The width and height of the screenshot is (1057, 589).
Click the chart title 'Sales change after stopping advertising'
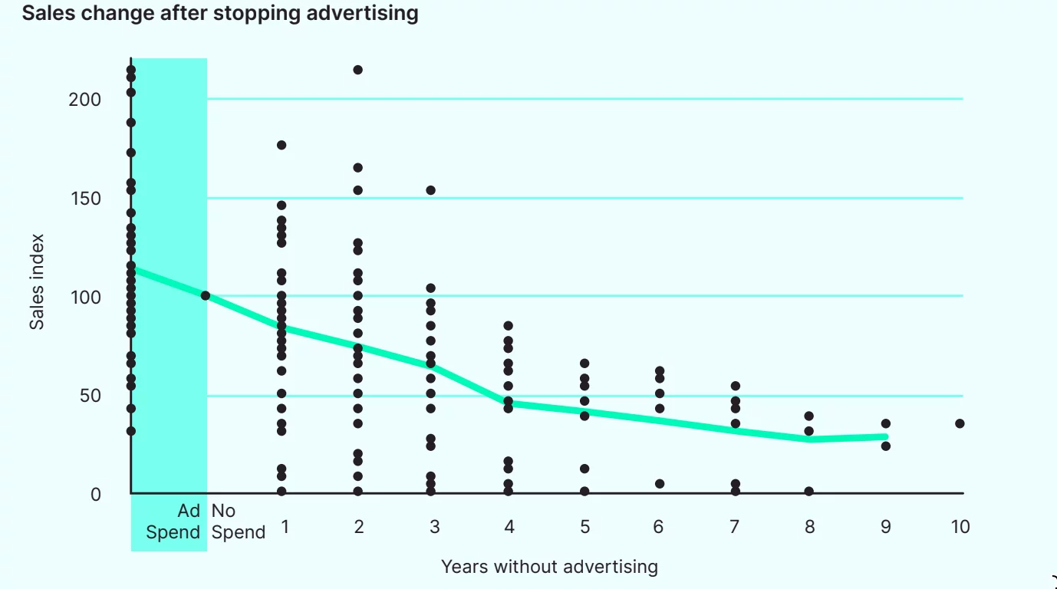coord(220,13)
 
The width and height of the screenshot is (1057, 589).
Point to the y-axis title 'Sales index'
coord(37,281)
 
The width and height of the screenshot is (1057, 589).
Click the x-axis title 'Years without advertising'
coord(549,567)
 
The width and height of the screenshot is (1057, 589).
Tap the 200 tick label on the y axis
coord(84,100)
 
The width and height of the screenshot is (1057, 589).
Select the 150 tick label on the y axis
coord(84,199)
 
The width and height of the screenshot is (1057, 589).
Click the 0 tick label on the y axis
coord(95,495)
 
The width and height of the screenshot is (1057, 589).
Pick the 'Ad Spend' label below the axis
coord(174,522)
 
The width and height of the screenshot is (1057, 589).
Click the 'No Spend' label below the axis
coord(238,522)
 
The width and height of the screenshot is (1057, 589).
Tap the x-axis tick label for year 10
coord(960,527)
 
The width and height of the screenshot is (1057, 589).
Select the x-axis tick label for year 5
coord(584,527)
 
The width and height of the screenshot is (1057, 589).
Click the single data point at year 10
coord(960,423)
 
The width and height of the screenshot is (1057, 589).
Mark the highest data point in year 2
coord(357,70)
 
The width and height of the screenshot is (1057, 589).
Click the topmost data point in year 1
coord(282,145)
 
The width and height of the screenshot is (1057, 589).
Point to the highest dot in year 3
coord(431,190)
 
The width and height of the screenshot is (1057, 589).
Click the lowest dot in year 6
coord(660,484)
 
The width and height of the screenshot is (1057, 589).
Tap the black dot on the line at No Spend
coord(206,296)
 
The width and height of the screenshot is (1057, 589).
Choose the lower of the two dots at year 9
coord(886,446)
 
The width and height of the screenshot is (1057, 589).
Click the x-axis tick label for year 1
coord(285,527)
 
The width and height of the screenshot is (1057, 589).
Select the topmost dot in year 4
coord(508,326)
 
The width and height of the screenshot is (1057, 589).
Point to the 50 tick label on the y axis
coord(90,396)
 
